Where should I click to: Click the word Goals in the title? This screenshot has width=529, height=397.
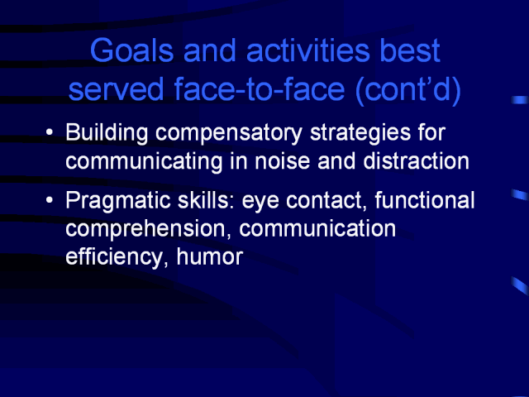click(132, 50)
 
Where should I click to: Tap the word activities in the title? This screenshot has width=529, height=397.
click(308, 50)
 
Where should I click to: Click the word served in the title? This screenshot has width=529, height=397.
click(116, 89)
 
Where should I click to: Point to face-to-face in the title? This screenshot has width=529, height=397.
click(259, 89)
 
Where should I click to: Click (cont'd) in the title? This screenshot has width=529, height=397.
click(408, 90)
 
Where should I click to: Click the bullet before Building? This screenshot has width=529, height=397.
click(50, 132)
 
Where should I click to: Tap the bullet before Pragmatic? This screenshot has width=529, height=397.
click(50, 200)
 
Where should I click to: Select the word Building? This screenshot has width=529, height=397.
click(107, 132)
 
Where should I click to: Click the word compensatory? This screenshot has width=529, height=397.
click(229, 133)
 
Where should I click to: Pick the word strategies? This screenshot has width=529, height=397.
click(360, 132)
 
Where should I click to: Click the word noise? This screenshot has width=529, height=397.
click(282, 161)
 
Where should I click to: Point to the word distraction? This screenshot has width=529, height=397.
click(417, 160)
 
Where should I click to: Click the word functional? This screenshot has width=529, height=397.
click(425, 200)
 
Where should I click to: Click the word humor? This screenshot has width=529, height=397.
click(210, 257)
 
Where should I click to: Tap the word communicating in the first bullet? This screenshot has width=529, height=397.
click(144, 162)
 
